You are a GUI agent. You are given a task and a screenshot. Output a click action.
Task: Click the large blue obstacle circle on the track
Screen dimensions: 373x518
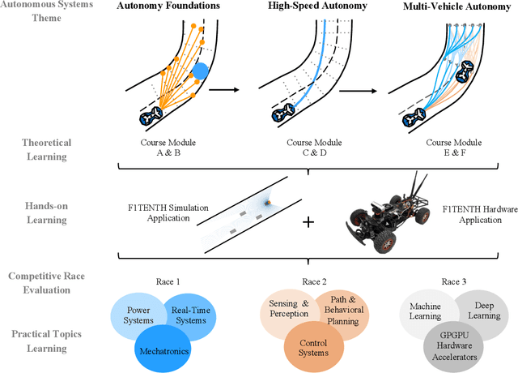tap(201, 71)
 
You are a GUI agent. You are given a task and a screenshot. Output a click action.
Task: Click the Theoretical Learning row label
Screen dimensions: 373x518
tap(46, 148)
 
